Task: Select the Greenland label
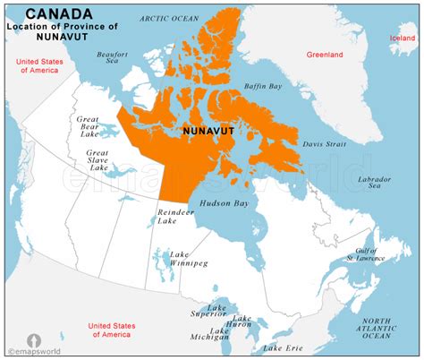[x=325, y=55]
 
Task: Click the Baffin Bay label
[x=264, y=87]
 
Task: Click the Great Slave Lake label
[x=98, y=159]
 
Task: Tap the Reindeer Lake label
[x=174, y=219]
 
